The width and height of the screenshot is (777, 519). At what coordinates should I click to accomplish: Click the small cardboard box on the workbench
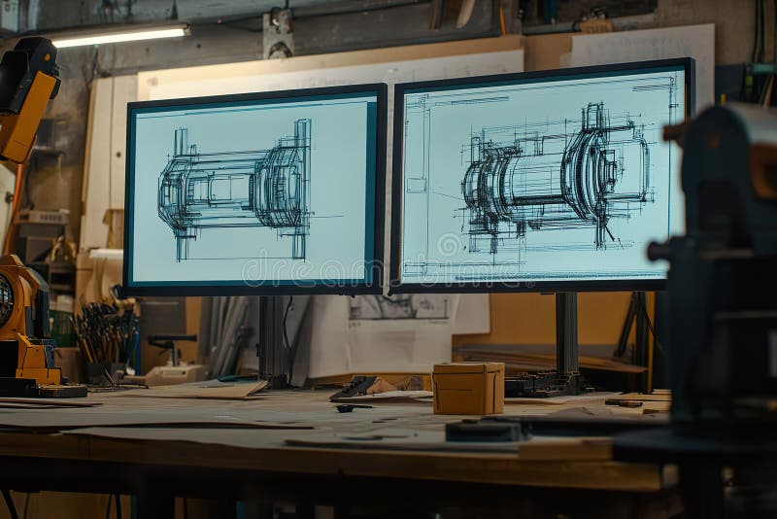(x=468, y=388)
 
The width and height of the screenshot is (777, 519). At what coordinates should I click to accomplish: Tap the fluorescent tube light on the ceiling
(x=118, y=36)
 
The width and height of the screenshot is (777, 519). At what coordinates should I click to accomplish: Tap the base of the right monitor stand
(x=544, y=385)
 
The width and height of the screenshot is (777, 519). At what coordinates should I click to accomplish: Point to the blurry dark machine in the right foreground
(x=719, y=282)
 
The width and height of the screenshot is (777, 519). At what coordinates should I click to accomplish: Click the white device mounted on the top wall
(x=278, y=34)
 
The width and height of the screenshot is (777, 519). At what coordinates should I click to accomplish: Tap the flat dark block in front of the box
(x=483, y=430)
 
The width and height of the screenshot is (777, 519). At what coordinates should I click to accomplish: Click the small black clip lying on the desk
(x=346, y=408)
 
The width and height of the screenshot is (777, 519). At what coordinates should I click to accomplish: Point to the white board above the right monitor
(x=641, y=44)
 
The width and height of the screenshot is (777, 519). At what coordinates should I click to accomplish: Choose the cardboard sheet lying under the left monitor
(x=214, y=390)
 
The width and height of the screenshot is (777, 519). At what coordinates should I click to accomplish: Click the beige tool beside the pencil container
(x=170, y=374)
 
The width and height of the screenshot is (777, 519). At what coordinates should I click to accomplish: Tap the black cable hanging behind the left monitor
(x=287, y=335)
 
